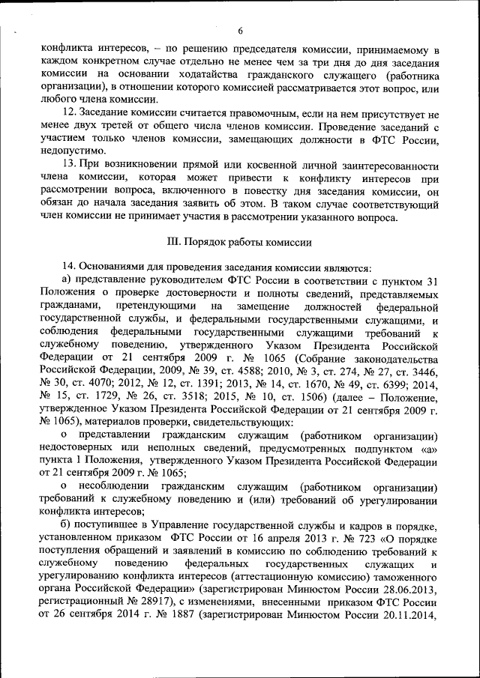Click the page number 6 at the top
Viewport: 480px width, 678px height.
pyautogui.click(x=241, y=31)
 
